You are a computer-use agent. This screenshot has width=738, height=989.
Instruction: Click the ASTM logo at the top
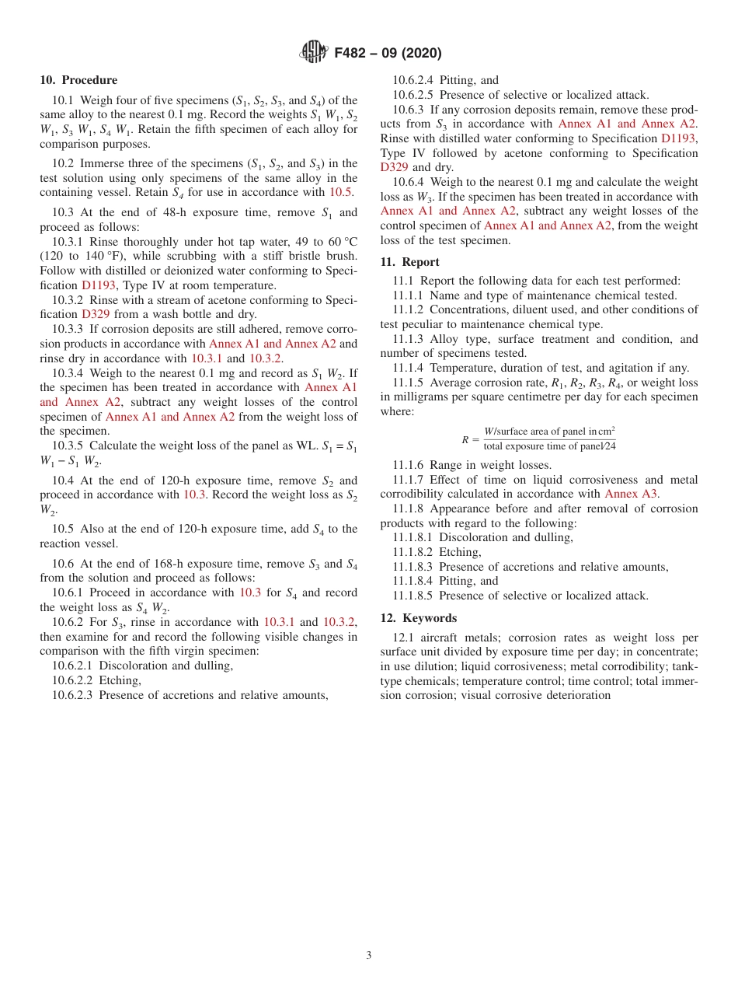coord(314,53)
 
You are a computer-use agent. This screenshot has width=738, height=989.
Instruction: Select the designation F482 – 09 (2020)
coord(388,54)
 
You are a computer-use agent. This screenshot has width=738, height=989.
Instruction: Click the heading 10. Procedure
coord(78,80)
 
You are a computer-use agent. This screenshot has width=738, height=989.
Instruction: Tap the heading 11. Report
coord(409,262)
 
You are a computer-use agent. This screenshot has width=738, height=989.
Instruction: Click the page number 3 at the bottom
coord(369,956)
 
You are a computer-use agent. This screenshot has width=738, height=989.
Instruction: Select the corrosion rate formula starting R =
coord(538,439)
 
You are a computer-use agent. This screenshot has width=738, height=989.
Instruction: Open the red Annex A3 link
coord(630,494)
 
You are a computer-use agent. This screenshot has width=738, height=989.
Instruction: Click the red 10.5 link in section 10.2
coord(341,192)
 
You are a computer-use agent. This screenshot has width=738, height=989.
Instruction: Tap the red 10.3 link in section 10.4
coord(193,494)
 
